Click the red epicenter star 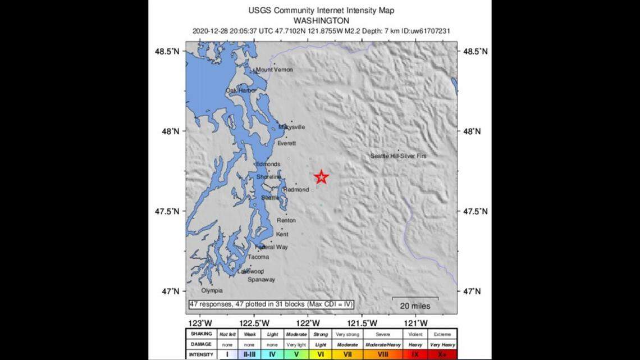click(x=321, y=177)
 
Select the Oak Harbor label click(x=241, y=90)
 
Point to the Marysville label click(x=292, y=127)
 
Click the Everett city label click(x=286, y=143)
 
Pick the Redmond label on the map click(x=296, y=190)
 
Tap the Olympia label click(x=212, y=290)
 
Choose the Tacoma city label click(x=258, y=257)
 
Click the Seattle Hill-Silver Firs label click(x=398, y=156)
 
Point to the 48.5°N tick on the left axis click(x=167, y=51)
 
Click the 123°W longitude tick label click(x=200, y=323)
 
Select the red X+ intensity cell click(x=442, y=355)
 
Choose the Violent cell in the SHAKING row click(x=415, y=334)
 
